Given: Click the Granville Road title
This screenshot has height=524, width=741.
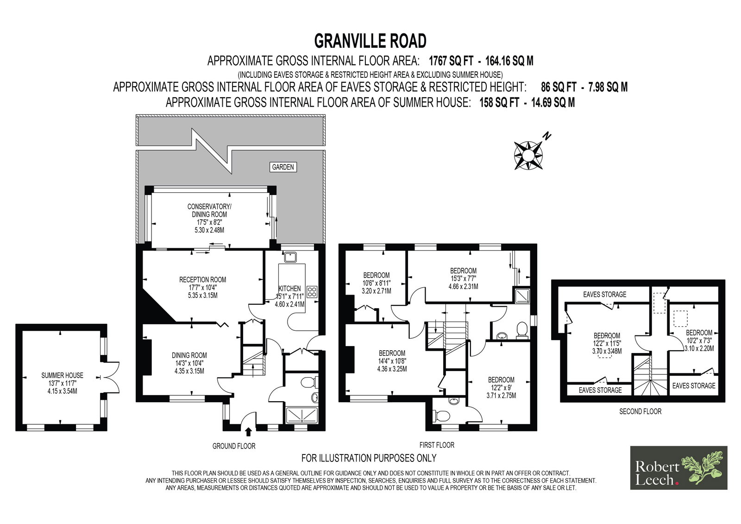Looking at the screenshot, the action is pos(370,41).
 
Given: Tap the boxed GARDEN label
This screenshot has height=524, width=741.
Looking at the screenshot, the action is pos(283,167).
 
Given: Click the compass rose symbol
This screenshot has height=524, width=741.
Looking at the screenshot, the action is pos(528,155).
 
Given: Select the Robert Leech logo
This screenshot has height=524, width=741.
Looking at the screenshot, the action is pos(678,468).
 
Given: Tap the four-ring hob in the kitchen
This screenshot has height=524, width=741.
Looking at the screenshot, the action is pos(312,291).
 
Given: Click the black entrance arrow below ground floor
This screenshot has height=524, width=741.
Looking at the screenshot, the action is pos(248,432).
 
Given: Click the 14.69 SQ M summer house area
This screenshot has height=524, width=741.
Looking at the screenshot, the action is pos(553,102).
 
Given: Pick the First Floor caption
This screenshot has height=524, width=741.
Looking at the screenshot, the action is pos(437,445).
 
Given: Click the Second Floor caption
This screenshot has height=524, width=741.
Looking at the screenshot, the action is pos(640,411).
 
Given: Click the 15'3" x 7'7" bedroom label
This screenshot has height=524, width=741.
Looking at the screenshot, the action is pos(463,278).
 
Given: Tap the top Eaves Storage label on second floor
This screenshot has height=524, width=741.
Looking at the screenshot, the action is pos(605,294).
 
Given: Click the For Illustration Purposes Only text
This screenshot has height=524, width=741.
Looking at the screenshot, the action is pos(369,458).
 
